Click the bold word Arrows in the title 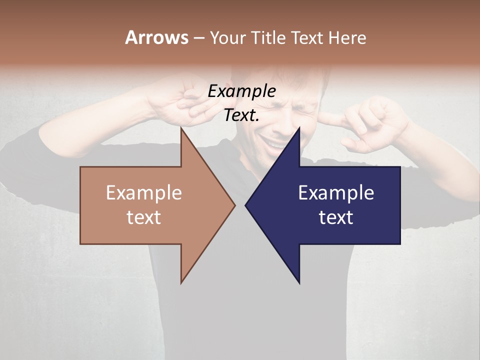156,37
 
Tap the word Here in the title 347,38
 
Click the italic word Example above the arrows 241,91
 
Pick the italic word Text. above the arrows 241,115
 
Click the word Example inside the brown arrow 144,192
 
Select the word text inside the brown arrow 144,217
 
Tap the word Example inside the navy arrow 336,192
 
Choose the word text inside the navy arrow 336,217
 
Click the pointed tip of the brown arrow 235,204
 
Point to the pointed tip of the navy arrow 245,204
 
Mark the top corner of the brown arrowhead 181,128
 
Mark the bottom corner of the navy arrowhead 299,282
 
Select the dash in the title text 198,38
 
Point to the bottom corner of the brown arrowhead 181,282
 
